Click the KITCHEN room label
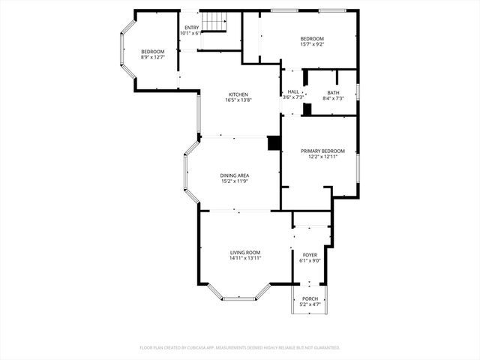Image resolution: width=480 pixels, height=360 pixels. [x=238, y=94]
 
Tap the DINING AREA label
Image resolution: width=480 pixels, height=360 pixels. [x=235, y=175]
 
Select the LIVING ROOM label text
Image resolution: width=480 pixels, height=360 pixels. [x=245, y=252]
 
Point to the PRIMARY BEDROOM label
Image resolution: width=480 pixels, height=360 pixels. [x=318, y=151]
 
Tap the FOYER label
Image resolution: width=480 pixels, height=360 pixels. [x=310, y=255]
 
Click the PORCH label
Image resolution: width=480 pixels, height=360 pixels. [x=310, y=298]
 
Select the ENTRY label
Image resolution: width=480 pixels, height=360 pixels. [x=192, y=28]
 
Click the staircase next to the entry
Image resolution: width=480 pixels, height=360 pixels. [x=215, y=23]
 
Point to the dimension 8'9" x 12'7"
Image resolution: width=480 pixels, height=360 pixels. [x=152, y=56]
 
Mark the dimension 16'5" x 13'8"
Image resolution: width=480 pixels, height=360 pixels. [x=238, y=100]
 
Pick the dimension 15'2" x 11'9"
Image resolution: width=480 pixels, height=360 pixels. [x=235, y=181]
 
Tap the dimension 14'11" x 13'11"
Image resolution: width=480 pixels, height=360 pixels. [x=245, y=258]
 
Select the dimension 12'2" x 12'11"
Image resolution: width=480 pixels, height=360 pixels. [x=318, y=157]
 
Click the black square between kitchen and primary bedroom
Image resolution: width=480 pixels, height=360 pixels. [x=274, y=143]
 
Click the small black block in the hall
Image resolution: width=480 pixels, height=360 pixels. [x=307, y=109]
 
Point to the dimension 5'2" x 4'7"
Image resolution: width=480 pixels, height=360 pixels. [x=310, y=304]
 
